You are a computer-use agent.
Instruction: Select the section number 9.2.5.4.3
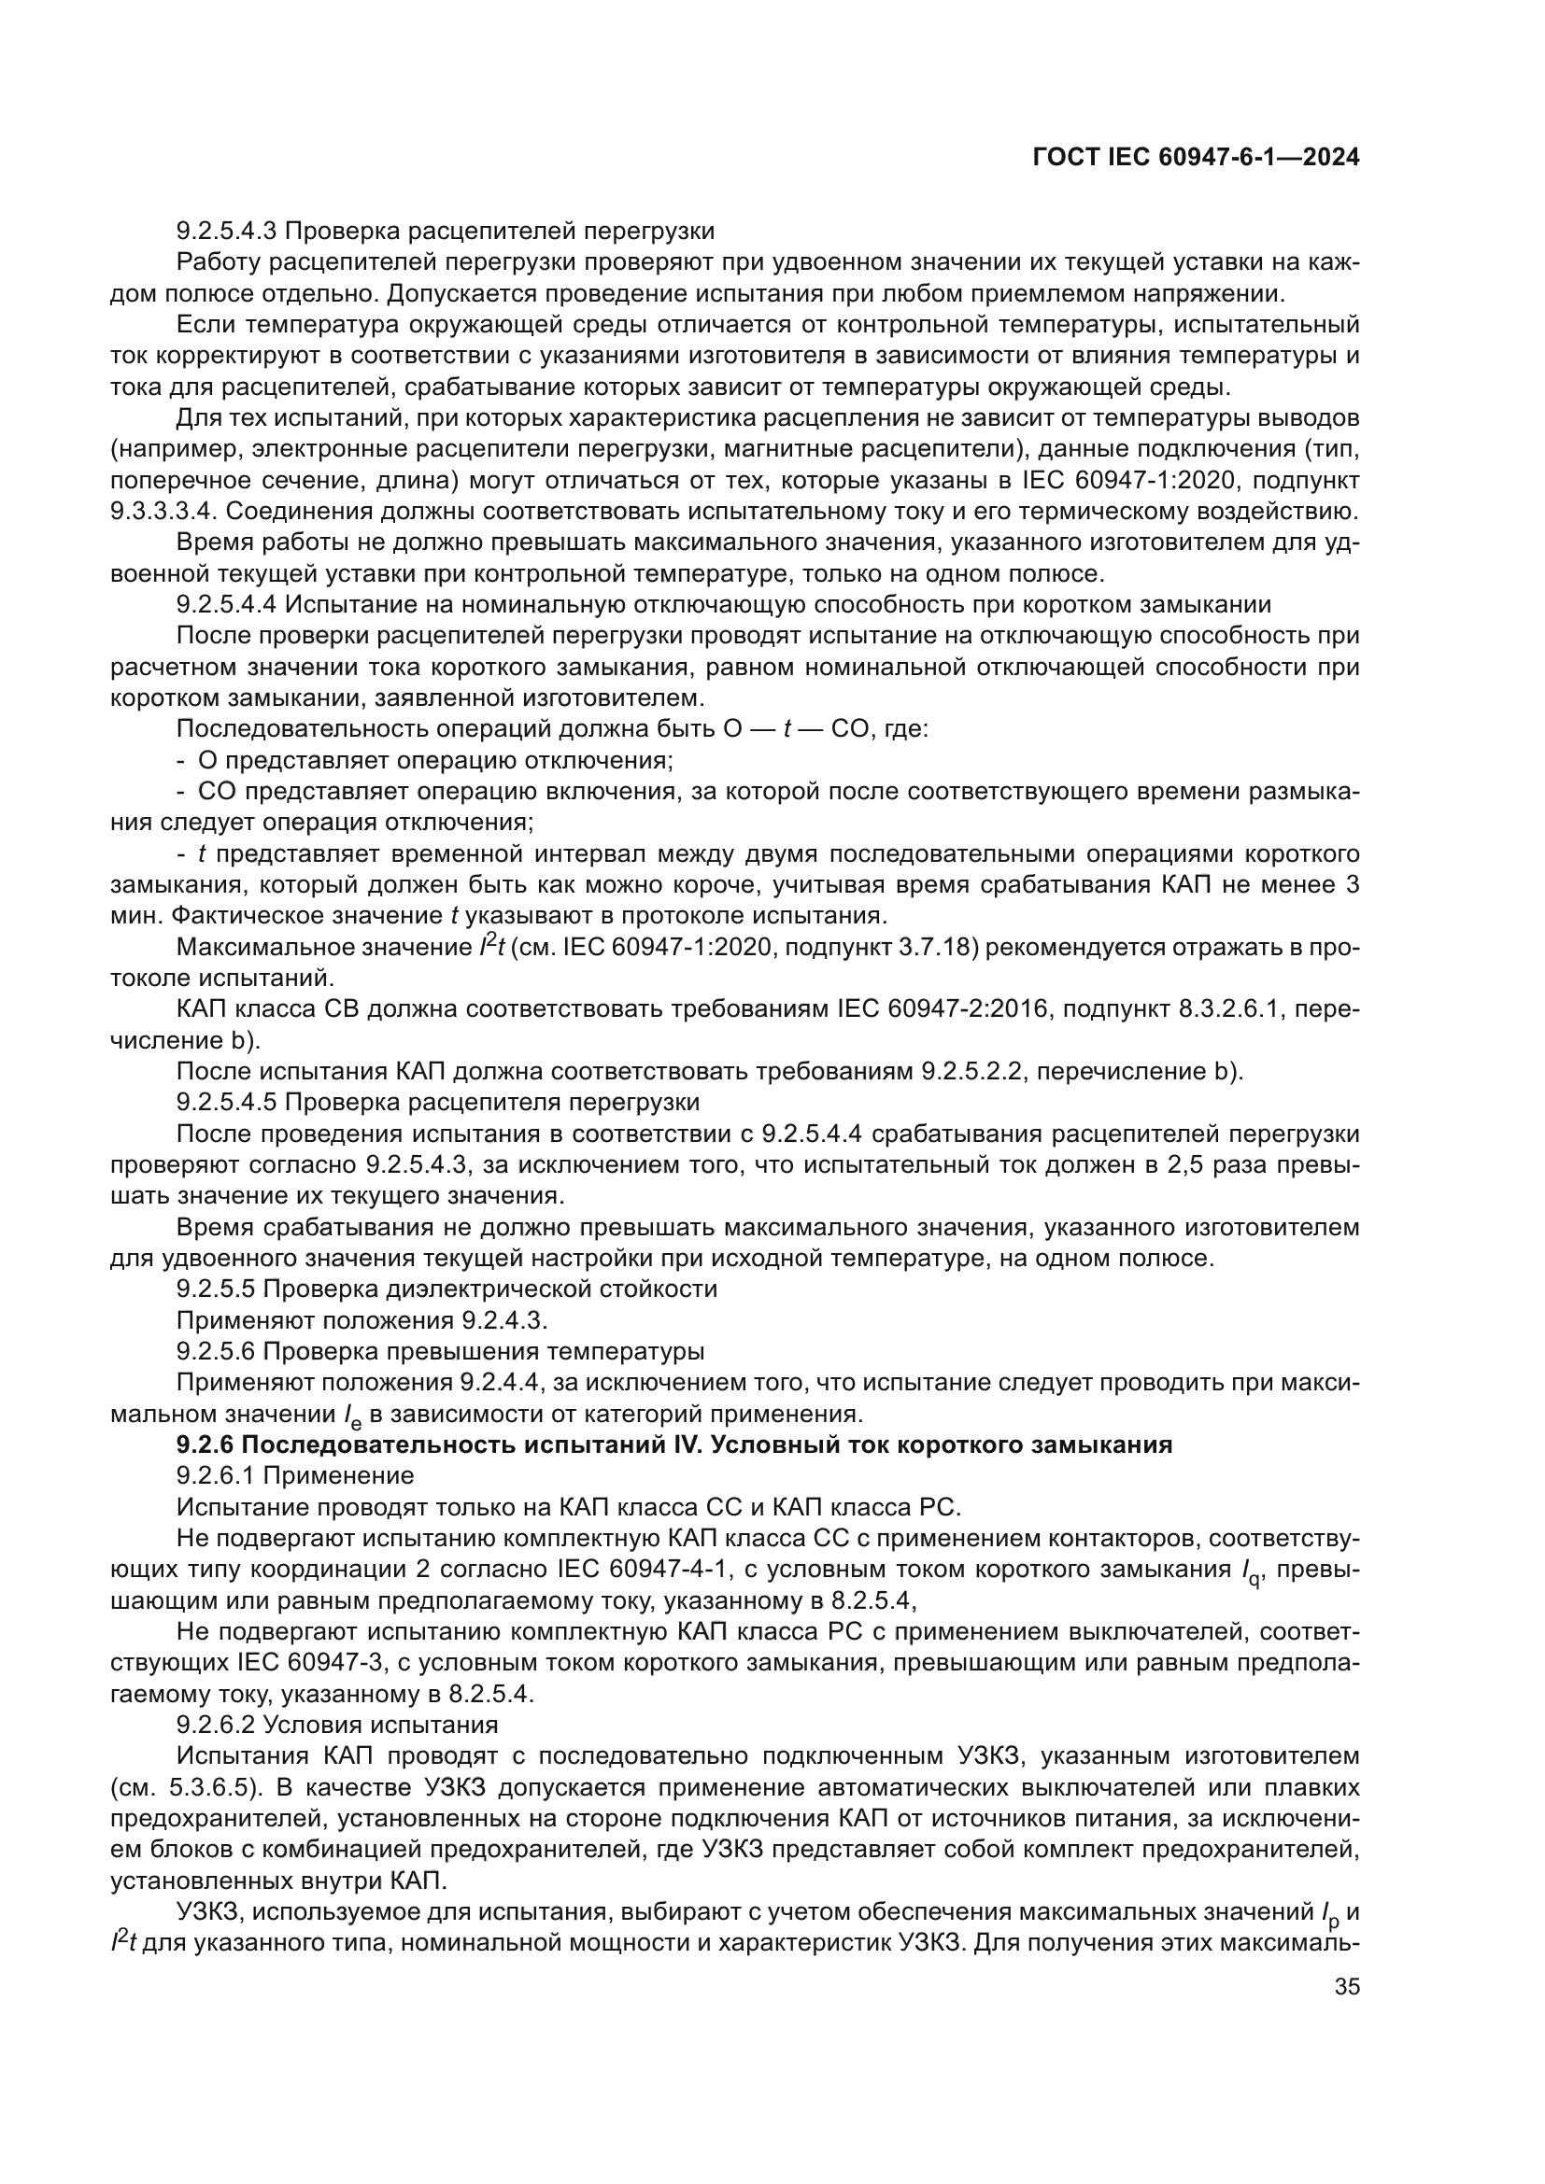coord(227,231)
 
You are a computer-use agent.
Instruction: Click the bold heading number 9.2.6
coord(205,1444)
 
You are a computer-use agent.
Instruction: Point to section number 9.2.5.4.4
coord(227,604)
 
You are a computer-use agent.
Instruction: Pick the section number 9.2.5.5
coord(217,1289)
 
